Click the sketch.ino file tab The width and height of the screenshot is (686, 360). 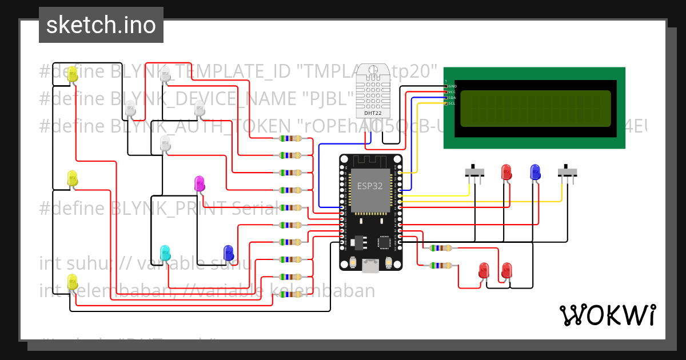[x=101, y=25]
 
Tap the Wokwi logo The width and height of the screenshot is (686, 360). [x=607, y=315]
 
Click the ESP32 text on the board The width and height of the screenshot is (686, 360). [x=370, y=186]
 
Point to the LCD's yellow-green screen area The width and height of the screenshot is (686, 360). [x=535, y=109]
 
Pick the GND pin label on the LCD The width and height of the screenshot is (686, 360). [x=453, y=86]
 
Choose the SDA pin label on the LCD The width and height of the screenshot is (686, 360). [x=453, y=98]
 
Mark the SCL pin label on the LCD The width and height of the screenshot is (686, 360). [x=453, y=103]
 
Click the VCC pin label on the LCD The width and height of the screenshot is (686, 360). [x=453, y=92]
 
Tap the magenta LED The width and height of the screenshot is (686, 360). [x=200, y=183]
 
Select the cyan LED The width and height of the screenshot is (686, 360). [x=165, y=252]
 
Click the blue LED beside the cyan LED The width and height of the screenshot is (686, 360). [x=228, y=252]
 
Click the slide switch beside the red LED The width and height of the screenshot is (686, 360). [x=474, y=171]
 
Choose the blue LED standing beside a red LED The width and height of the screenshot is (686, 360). [x=535, y=171]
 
